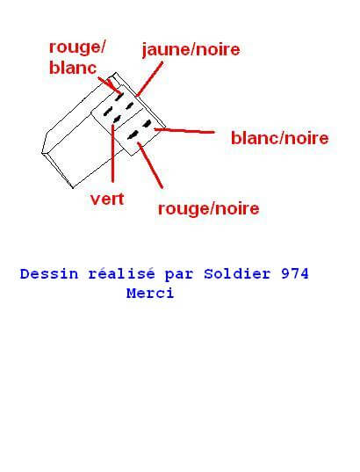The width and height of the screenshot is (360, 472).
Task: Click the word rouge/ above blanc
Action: click(x=77, y=47)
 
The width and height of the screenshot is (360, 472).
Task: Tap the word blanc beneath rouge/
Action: click(x=73, y=68)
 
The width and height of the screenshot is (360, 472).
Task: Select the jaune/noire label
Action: click(x=191, y=50)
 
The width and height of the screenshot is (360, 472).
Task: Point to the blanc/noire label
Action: click(x=280, y=139)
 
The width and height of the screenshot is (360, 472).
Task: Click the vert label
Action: click(x=107, y=199)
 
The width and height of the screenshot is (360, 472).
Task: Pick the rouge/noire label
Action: click(x=208, y=208)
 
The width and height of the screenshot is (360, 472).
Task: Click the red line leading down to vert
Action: click(x=112, y=154)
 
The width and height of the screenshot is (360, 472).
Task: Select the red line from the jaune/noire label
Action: click(x=149, y=79)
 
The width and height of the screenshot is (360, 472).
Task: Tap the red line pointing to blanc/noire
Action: click(x=184, y=131)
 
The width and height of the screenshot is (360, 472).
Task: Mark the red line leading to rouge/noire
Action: click(x=150, y=165)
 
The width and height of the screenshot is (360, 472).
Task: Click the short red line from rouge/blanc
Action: click(x=108, y=84)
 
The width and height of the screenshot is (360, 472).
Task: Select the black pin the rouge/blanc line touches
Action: click(x=119, y=97)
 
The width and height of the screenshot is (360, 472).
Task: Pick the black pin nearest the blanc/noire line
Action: click(x=148, y=123)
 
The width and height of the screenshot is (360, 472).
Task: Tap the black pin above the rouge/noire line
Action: click(x=133, y=134)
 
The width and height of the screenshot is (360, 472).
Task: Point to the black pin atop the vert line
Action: click(x=117, y=120)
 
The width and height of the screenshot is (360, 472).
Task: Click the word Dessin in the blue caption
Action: click(x=49, y=274)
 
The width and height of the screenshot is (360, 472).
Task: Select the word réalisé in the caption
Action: click(x=121, y=274)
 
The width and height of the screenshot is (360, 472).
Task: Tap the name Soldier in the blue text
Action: click(x=237, y=274)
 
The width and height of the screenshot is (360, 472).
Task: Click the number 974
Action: click(x=295, y=274)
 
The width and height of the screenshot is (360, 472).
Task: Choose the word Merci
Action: click(x=150, y=294)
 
